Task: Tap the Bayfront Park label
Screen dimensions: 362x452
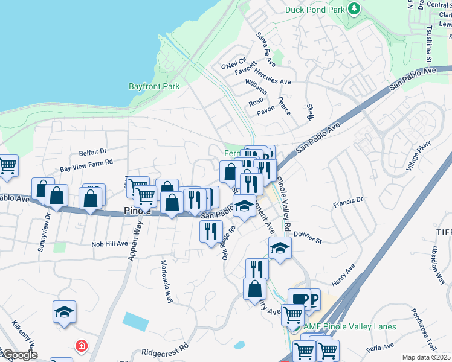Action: click(154, 86)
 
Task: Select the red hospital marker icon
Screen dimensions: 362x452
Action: click(81, 346)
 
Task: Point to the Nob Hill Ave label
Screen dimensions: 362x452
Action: click(109, 244)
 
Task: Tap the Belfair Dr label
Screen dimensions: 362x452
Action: click(92, 152)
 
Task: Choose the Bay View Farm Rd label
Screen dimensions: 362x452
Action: click(86, 162)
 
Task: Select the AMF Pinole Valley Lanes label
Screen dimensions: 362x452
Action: click(350, 327)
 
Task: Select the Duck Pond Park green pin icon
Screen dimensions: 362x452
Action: click(354, 10)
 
